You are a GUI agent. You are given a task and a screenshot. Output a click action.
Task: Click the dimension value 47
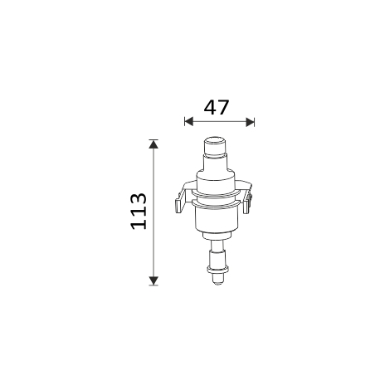point(217,107)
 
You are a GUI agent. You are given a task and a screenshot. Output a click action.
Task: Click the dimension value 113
point(139,211)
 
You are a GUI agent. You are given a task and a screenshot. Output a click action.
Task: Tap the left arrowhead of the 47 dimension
point(188,121)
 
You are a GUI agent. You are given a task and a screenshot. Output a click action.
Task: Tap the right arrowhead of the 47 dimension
point(250,121)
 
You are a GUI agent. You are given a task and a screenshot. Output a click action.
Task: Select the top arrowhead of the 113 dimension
point(154,144)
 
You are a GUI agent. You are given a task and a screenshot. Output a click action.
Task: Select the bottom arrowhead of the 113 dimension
point(154,280)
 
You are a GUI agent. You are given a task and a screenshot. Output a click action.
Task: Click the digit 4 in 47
point(210,107)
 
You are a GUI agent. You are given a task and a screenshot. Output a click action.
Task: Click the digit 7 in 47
point(224,107)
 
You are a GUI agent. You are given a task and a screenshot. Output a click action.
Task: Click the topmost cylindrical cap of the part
point(215,146)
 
